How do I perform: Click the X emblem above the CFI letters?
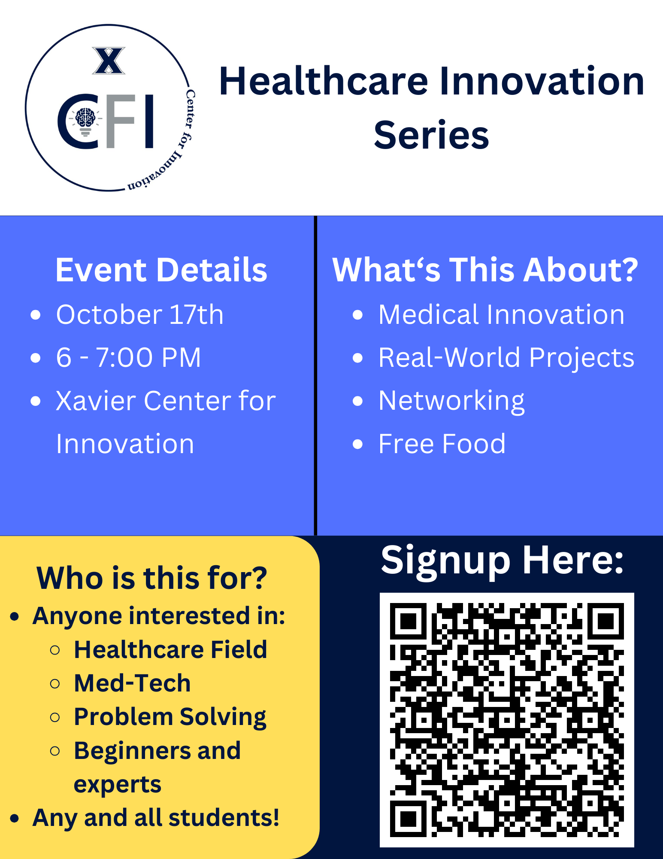109,61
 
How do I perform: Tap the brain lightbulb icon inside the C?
85,120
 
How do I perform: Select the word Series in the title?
431,135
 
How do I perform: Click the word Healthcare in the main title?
324,81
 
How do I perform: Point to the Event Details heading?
161,270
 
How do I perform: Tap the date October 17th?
140,314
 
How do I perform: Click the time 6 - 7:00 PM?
128,357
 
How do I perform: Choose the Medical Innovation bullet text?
501,314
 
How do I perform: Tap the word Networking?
451,401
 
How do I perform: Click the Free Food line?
442,444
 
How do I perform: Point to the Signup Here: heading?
502,560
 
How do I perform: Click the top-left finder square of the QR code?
408,621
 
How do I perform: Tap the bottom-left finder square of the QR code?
408,819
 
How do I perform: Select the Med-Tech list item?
132,683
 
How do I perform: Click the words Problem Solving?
170,717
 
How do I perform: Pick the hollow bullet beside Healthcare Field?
55,650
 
